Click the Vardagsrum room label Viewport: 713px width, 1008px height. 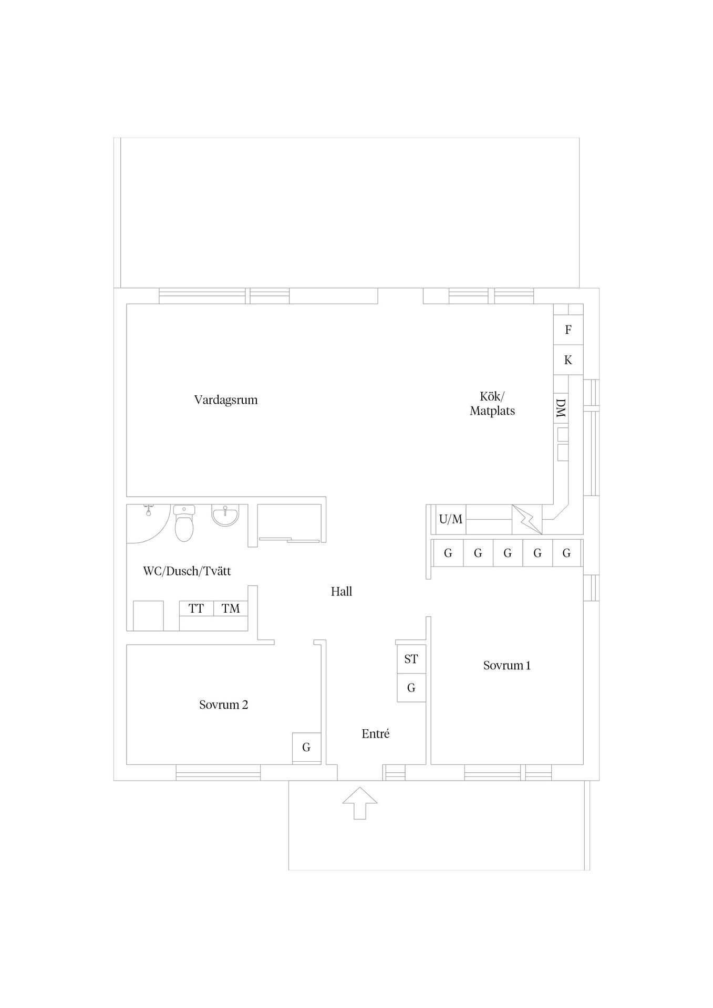pos(226,400)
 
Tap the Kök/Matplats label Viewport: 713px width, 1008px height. pos(492,404)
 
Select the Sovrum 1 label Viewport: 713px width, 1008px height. pos(507,666)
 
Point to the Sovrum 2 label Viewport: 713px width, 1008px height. pos(223,705)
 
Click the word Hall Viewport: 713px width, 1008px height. pos(342,592)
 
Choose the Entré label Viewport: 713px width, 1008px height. pos(376,734)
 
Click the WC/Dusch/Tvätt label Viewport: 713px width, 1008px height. pos(187,571)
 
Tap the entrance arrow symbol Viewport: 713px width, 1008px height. pos(360,803)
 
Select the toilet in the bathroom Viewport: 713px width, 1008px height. pos(184,523)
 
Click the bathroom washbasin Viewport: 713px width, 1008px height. pos(225,515)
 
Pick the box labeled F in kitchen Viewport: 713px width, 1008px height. pos(568,330)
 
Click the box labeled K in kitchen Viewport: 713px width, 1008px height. pos(568,360)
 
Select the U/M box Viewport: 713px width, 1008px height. pos(451,519)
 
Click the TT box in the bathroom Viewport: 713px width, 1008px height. pos(197,608)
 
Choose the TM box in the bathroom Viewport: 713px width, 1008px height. pos(231,608)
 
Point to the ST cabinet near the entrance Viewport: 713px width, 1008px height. pos(411,659)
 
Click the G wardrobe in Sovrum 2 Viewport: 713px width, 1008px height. pos(306,748)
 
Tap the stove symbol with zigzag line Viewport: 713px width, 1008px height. pos(527,520)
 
